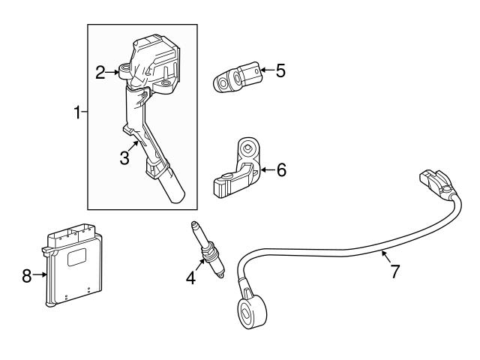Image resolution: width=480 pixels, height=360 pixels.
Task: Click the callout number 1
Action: tap(76, 113)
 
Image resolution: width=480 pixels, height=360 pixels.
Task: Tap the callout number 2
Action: tap(100, 73)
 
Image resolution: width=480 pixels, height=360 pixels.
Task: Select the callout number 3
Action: tap(125, 158)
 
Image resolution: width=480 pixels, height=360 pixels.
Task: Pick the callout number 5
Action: tap(280, 71)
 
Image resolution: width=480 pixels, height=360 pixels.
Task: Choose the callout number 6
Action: tap(281, 170)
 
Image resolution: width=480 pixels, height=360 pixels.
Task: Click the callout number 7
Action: tap(394, 271)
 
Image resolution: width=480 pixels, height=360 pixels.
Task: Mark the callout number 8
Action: tap(28, 276)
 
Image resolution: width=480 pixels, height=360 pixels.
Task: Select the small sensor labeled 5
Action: tap(238, 78)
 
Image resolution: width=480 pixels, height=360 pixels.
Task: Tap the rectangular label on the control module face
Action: tap(78, 256)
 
